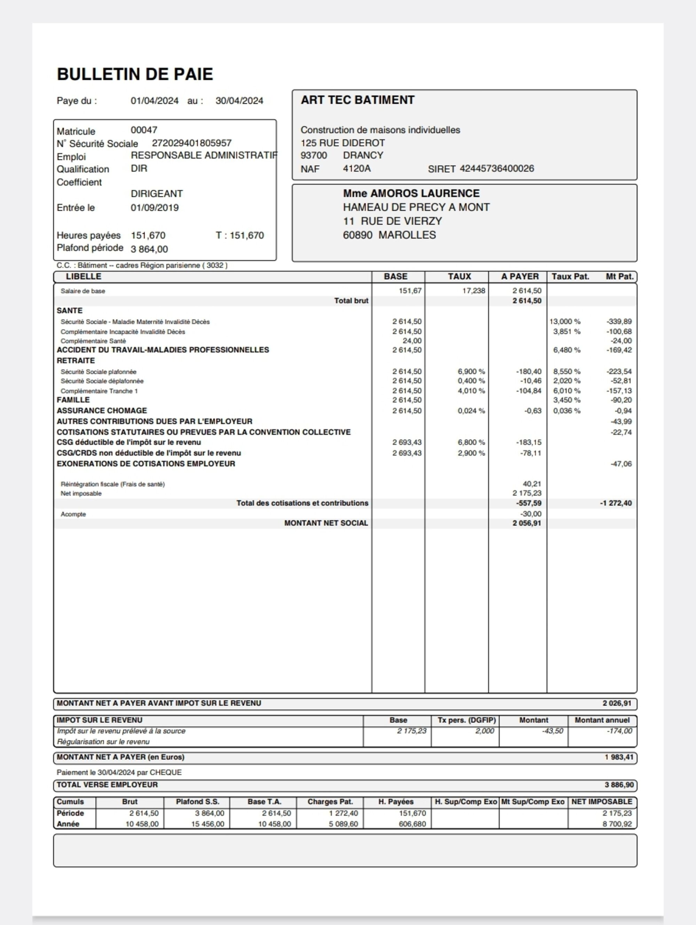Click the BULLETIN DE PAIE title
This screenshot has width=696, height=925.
point(135,74)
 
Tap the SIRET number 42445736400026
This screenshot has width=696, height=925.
point(497,168)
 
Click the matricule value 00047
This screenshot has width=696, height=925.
point(144,130)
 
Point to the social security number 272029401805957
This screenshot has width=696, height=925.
point(191,143)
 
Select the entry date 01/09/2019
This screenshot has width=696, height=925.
point(155,208)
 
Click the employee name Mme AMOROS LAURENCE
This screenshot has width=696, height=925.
point(411,194)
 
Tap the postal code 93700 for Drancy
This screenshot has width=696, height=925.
point(314,156)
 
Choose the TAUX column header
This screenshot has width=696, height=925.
point(459,277)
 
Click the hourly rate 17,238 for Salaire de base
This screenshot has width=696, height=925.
point(474,290)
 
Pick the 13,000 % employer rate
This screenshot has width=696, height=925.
point(565,321)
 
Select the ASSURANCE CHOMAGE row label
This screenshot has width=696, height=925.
point(102,410)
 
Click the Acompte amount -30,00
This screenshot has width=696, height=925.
point(531,514)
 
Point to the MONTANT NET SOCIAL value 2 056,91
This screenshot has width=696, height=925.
point(527,523)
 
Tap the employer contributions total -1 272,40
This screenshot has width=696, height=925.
point(615,503)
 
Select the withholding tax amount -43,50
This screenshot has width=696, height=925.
point(552,731)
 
